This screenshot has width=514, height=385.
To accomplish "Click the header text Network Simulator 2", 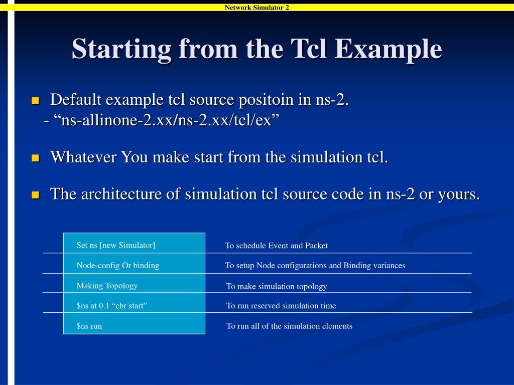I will point(256,7).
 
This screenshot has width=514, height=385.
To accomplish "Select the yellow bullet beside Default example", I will point(35,101).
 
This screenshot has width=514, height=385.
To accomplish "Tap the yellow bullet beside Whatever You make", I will point(35,158).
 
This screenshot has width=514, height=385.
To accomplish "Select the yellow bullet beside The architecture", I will point(35,195).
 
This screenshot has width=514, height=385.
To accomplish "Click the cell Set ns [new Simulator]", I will point(116,245).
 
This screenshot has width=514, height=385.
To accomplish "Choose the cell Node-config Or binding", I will point(117,266).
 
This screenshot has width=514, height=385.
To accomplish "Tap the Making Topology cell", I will point(107,286).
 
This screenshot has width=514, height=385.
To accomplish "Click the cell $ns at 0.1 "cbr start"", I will point(111,306).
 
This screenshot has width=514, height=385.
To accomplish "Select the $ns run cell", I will point(89,326).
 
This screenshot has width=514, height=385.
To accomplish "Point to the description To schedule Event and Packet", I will point(276,246).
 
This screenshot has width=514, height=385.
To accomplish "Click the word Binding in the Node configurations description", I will point(357,266).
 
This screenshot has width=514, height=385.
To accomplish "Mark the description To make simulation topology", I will point(277,286).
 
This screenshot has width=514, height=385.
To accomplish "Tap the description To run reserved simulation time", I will point(281,306).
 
